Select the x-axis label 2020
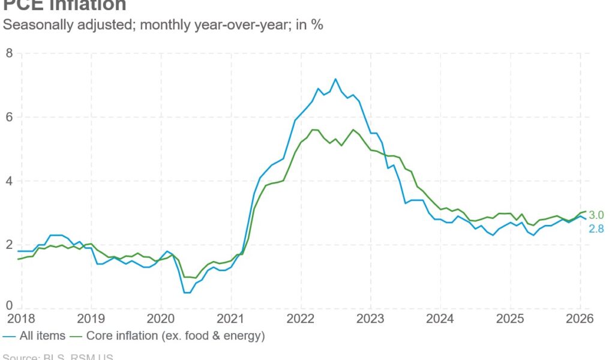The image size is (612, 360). (x=160, y=319)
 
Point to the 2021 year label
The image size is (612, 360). (x=230, y=319)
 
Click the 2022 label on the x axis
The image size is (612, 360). (x=301, y=319)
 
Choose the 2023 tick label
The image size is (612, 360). (x=370, y=319)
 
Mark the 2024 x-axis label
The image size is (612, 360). (x=440, y=319)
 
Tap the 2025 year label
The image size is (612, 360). (x=510, y=319)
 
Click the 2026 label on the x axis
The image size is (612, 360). (x=580, y=319)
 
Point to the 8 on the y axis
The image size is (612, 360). (x=9, y=53)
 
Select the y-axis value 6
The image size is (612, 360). (x=9, y=117)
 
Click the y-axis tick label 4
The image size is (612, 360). (x=9, y=181)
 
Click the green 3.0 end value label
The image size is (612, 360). (x=596, y=215)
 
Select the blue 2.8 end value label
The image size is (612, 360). (x=596, y=229)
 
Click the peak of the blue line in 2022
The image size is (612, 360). (x=335, y=79)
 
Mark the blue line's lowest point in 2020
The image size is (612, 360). (x=187, y=292)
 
